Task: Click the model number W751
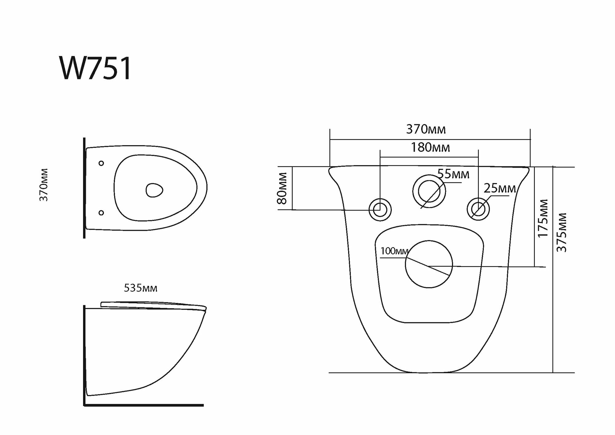96,68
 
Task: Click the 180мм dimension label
430,148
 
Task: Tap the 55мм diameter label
453,174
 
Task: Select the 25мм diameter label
500,188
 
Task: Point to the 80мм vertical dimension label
282,188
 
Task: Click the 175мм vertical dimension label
543,218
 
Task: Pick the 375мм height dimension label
562,232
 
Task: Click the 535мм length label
141,288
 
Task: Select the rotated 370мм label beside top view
44,185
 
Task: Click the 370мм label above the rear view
426,130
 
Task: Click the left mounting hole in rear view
380,210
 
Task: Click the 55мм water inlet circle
429,191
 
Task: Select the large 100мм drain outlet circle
429,264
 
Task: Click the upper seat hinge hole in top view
101,163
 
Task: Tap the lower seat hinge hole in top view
101,212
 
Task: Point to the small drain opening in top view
154,190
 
